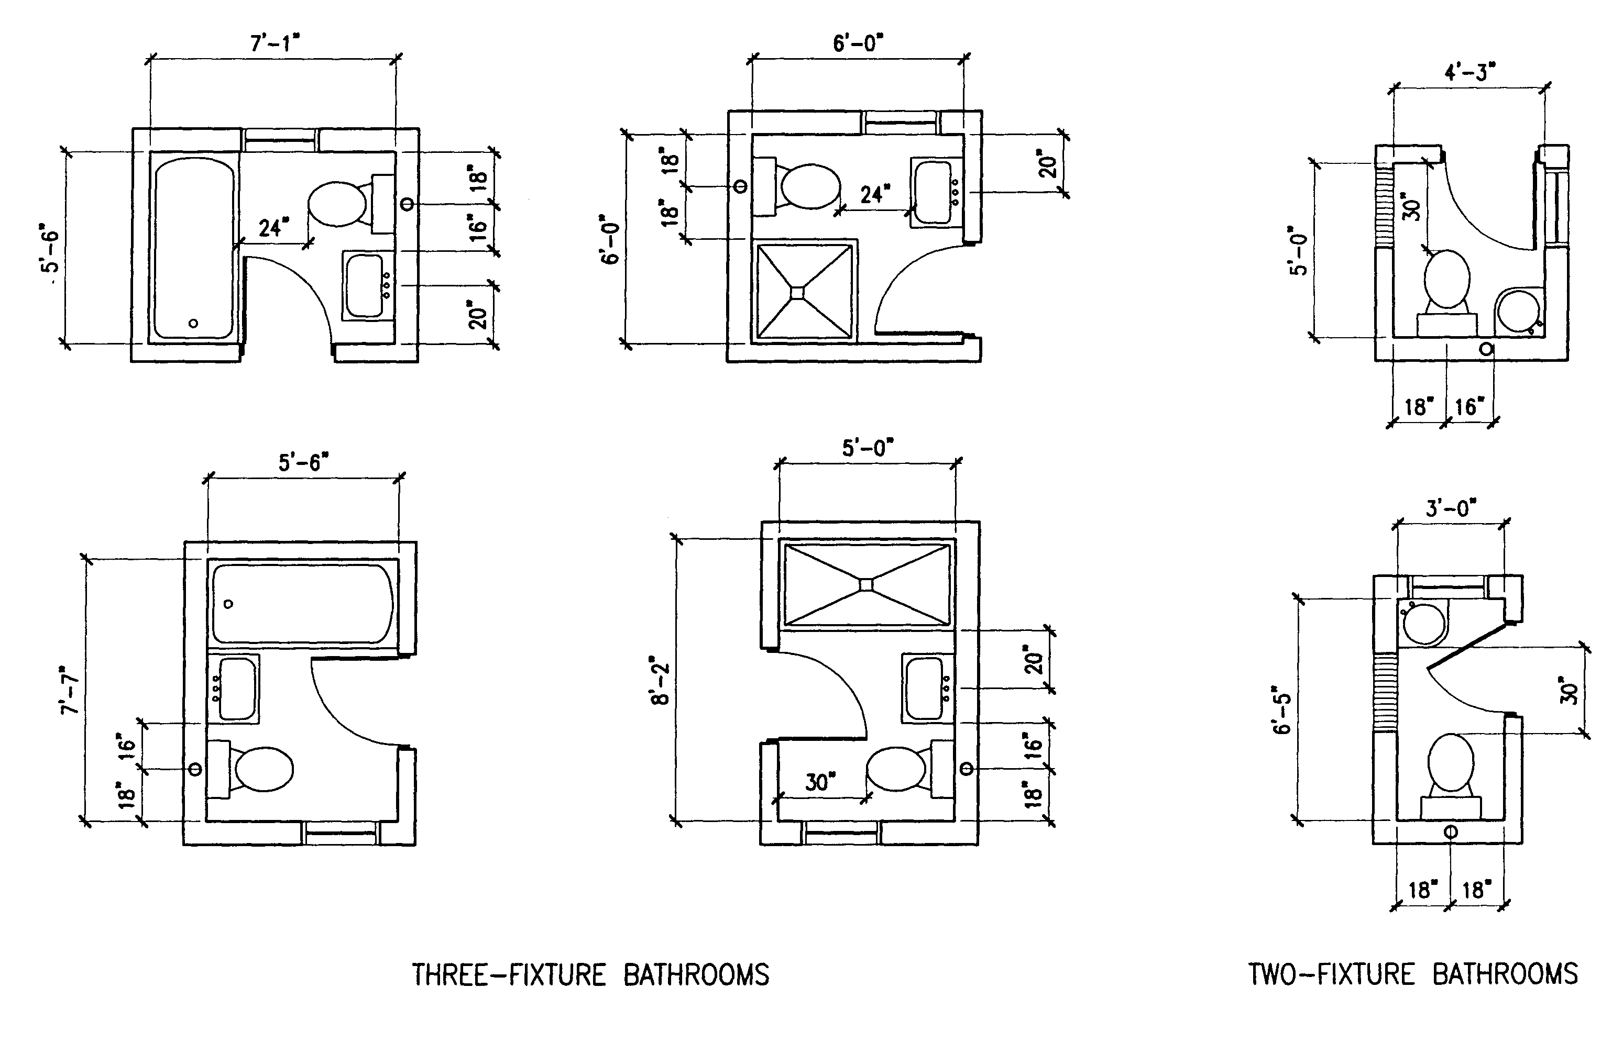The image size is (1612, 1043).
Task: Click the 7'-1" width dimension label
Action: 275,44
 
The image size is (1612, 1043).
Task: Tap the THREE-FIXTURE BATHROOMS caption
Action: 590,975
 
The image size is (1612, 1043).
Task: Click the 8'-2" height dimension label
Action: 661,680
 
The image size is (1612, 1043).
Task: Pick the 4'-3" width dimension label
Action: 1470,72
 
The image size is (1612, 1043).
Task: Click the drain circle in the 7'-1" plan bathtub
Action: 194,324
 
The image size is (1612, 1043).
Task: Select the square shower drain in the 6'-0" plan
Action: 797,292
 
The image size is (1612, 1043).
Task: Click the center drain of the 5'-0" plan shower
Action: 867,584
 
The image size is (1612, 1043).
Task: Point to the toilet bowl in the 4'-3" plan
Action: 1447,280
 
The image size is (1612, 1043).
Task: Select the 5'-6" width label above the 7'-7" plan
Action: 303,463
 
